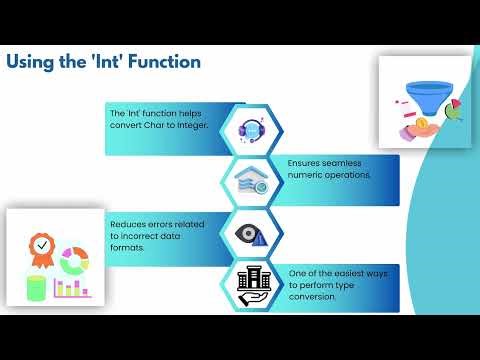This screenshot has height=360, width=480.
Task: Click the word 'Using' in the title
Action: point(31,62)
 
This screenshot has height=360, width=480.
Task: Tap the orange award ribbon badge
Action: point(41,248)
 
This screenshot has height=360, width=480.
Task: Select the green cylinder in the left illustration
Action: point(36,288)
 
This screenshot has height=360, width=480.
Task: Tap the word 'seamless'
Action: point(340,162)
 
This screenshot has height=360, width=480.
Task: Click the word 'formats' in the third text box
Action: point(130,247)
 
